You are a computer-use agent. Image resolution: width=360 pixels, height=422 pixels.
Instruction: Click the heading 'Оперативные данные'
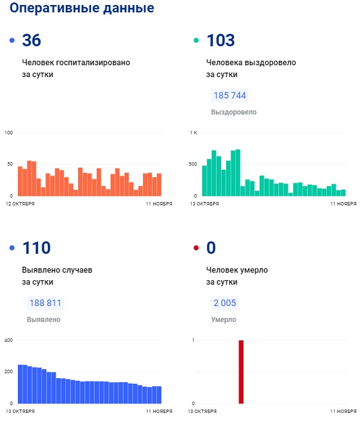[x=82, y=8]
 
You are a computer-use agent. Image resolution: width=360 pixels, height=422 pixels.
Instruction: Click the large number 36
[x=31, y=41]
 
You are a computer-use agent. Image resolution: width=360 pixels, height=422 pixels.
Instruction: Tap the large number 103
[x=220, y=41]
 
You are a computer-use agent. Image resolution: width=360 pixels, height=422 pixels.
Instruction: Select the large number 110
[x=36, y=248]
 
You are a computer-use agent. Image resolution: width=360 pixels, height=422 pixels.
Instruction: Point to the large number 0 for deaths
[x=211, y=248]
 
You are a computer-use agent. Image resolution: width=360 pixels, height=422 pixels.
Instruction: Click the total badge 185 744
[x=229, y=96]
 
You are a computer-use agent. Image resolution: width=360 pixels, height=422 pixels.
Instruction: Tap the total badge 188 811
[x=45, y=303]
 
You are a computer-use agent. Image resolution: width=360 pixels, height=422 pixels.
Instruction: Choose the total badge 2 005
[x=225, y=303]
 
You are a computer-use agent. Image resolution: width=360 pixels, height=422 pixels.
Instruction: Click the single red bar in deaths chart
[x=241, y=372]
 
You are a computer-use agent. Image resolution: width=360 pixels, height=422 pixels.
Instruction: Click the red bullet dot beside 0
[x=196, y=248]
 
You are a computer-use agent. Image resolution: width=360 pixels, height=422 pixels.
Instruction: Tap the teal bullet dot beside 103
[x=196, y=41]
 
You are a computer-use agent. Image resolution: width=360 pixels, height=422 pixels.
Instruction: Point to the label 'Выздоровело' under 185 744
[x=233, y=112]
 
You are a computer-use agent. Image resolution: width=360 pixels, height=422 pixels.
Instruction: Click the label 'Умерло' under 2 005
[x=223, y=320]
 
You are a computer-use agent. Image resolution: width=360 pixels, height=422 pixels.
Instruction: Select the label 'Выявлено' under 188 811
[x=43, y=320]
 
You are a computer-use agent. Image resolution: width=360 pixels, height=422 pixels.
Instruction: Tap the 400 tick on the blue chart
[x=8, y=340]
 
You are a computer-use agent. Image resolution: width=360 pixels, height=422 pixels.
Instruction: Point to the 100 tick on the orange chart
[x=8, y=133]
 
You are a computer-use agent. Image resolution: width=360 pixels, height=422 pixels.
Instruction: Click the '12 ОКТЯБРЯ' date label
[x=20, y=203]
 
